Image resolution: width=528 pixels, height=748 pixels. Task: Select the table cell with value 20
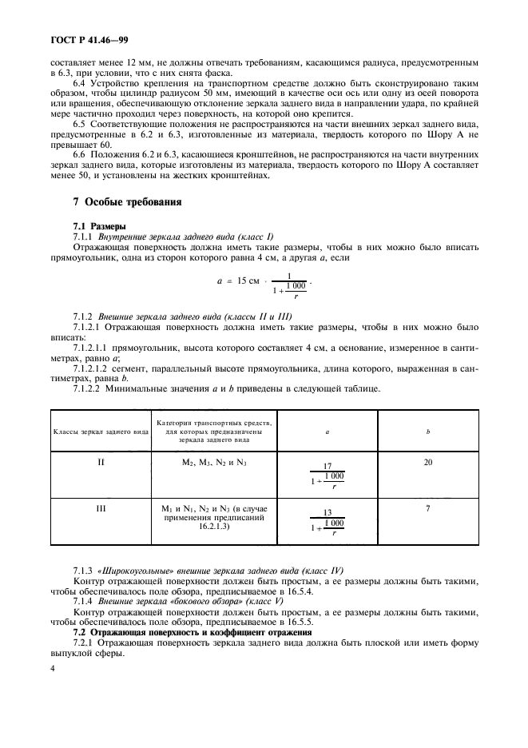click(427, 462)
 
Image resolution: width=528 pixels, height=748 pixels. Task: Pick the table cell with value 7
click(427, 507)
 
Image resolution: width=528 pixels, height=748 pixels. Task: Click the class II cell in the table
click(101, 462)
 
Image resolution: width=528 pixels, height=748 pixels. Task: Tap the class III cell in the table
click(101, 507)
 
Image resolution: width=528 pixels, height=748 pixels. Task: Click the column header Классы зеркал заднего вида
click(101, 431)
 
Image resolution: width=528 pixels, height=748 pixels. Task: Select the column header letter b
click(427, 431)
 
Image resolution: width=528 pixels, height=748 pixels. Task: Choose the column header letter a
click(328, 431)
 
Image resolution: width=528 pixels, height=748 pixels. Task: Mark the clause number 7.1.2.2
click(89, 388)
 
